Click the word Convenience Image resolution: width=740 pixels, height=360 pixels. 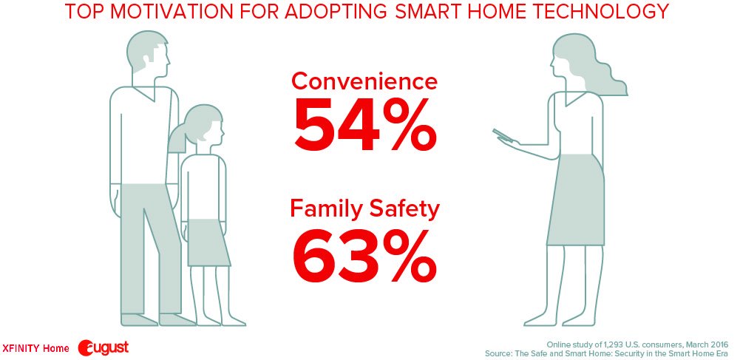point(364,81)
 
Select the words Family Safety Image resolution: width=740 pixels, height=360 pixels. point(364,210)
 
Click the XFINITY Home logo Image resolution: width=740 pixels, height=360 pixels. point(35,348)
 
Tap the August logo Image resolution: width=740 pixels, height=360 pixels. point(103,347)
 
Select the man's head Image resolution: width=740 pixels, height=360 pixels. point(148,55)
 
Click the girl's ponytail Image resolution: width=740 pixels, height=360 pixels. point(177,140)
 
